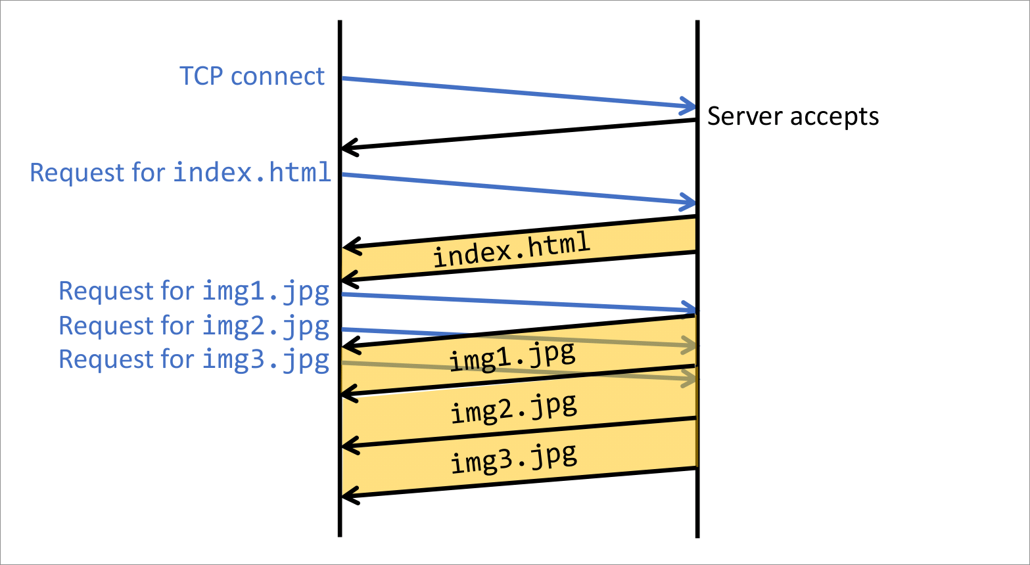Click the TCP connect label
coord(252,76)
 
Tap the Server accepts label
coord(793,116)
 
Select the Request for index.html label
coord(181,172)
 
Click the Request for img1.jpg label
coord(194,290)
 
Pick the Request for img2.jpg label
coord(194,325)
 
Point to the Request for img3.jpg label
coord(194,359)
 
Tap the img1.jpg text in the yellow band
coord(512,357)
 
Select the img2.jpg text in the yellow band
coord(513,408)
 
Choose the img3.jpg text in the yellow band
coord(513,457)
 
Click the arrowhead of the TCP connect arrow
coord(690,106)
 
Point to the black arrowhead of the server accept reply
coord(348,148)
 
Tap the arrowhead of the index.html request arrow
coord(690,202)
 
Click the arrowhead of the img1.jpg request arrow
coord(690,309)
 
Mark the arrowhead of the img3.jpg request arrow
coord(690,379)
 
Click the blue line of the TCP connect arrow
coord(513,92)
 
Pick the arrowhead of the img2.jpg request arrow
coord(690,344)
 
